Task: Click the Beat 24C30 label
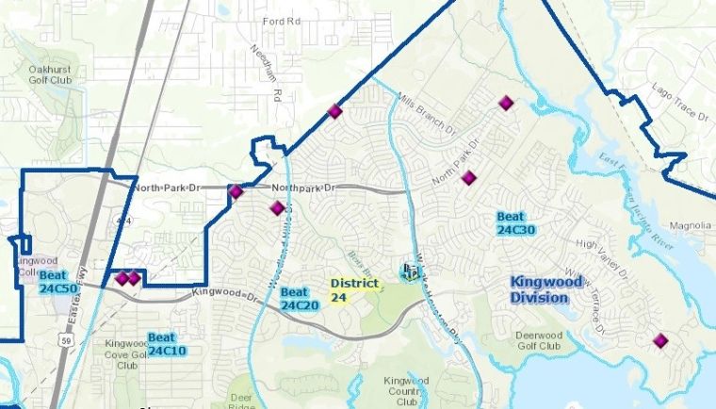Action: tap(515, 222)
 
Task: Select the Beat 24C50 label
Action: tap(57, 281)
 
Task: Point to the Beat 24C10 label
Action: tap(166, 343)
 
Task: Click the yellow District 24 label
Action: tap(354, 289)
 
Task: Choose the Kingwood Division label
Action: tap(539, 289)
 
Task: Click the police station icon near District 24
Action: tap(409, 272)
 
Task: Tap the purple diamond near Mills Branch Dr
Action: tap(507, 103)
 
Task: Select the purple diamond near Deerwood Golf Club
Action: tap(659, 340)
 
